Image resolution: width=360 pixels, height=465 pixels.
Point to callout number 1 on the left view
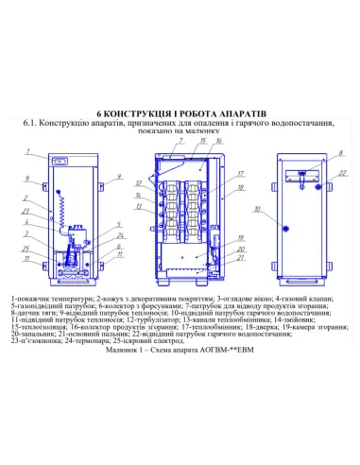point(29,151)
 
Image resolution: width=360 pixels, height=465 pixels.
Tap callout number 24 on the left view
point(120,235)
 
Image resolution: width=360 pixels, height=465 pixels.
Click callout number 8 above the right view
point(315,151)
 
